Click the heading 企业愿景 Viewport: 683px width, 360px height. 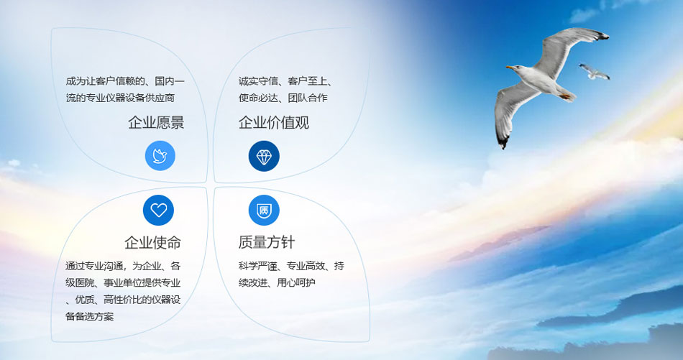pos(156,123)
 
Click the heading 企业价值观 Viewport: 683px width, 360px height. pos(273,123)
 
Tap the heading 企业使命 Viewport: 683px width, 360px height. pos(152,242)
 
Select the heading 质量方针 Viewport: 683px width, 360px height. pos(266,242)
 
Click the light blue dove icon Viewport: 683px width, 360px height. pos(160,156)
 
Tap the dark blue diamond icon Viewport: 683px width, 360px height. pos(264,156)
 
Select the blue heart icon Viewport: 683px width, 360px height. pos(158,210)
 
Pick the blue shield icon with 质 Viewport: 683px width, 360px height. pos(264,210)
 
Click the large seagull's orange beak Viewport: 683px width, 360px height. pos(510,68)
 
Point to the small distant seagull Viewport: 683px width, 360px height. pos(595,71)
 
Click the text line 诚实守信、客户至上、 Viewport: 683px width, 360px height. pos(285,81)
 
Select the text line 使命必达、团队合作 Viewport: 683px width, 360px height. pos(283,98)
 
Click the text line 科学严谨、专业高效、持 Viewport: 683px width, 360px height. pos(291,266)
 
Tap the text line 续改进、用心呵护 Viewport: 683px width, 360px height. pos(277,282)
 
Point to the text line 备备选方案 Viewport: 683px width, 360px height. pos(89,316)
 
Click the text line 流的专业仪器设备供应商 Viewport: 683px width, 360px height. pos(120,98)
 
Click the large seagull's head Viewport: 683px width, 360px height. pos(521,68)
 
